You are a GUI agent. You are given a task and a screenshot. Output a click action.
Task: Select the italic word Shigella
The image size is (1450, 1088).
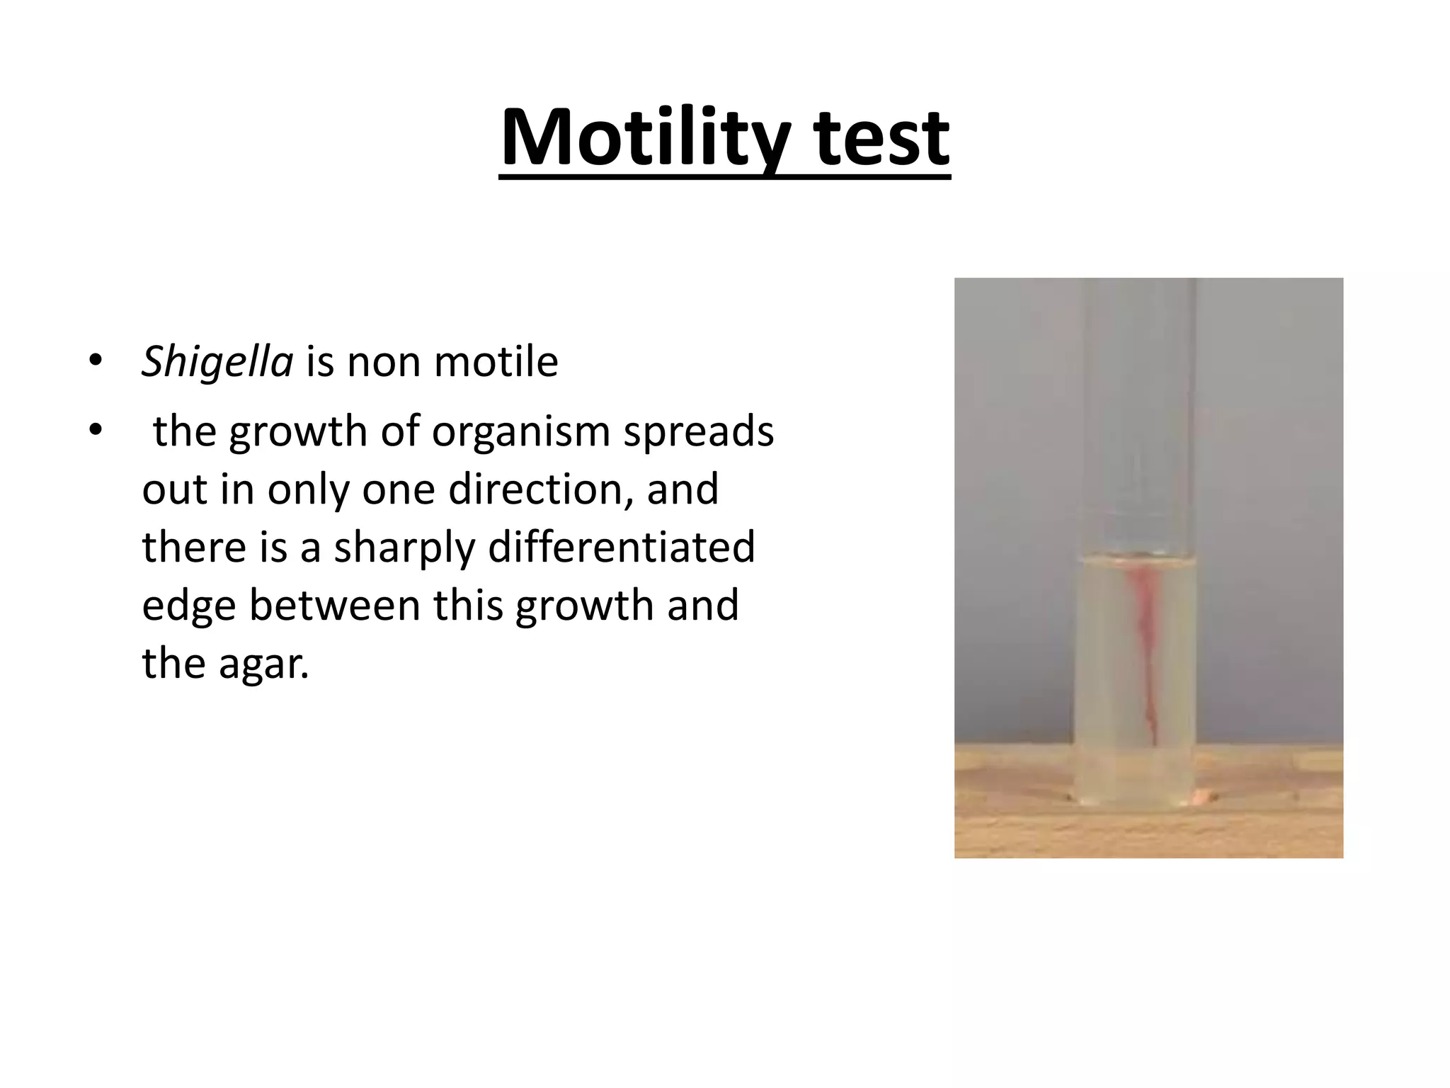(217, 362)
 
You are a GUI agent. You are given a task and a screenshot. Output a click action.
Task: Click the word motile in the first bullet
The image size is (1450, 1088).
(496, 362)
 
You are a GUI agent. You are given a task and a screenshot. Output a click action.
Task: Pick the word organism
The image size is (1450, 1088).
(521, 431)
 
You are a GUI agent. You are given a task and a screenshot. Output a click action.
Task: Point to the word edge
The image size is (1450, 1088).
(188, 606)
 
